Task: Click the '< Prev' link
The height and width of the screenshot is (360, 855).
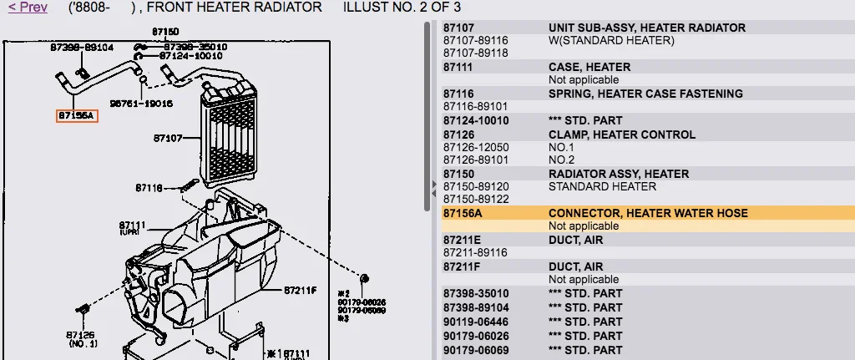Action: point(28,7)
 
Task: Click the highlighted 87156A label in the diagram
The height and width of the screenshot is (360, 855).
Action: point(77,116)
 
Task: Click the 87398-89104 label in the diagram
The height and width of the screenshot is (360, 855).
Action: point(81,48)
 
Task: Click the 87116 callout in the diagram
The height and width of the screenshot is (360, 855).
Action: point(150,188)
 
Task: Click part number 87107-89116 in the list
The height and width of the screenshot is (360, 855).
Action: point(475,40)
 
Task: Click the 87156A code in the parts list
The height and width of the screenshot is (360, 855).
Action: point(463,213)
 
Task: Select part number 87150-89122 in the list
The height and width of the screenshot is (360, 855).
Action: point(475,200)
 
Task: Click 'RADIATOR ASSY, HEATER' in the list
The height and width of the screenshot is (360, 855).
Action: point(619,174)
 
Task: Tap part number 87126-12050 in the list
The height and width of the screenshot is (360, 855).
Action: point(475,147)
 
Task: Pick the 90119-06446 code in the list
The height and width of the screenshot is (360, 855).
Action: point(475,321)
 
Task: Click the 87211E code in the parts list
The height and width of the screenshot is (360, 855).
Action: point(462,240)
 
